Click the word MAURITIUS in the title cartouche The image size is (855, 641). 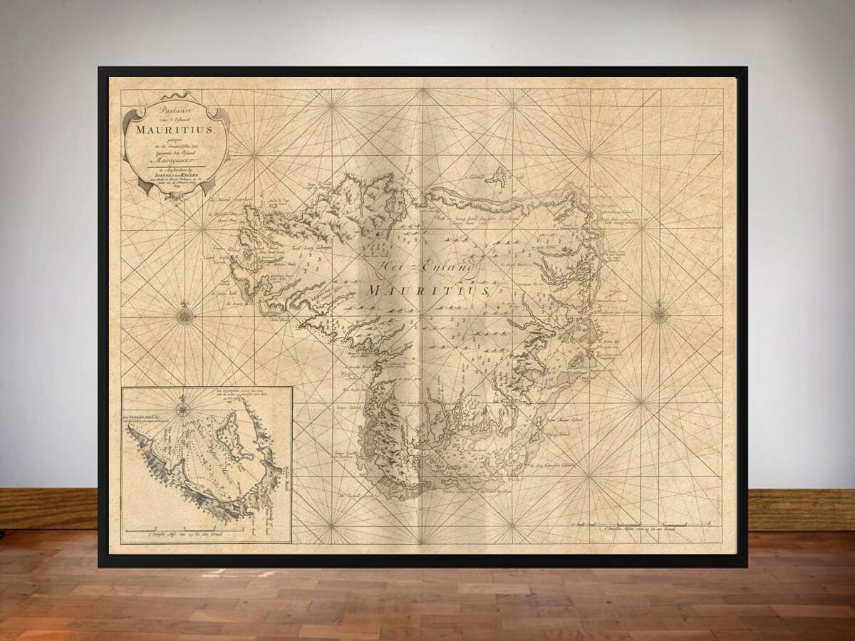[x=175, y=130]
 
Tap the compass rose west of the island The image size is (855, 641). [x=185, y=314]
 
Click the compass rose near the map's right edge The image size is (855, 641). [x=660, y=313]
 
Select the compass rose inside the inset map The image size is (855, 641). [x=183, y=408]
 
